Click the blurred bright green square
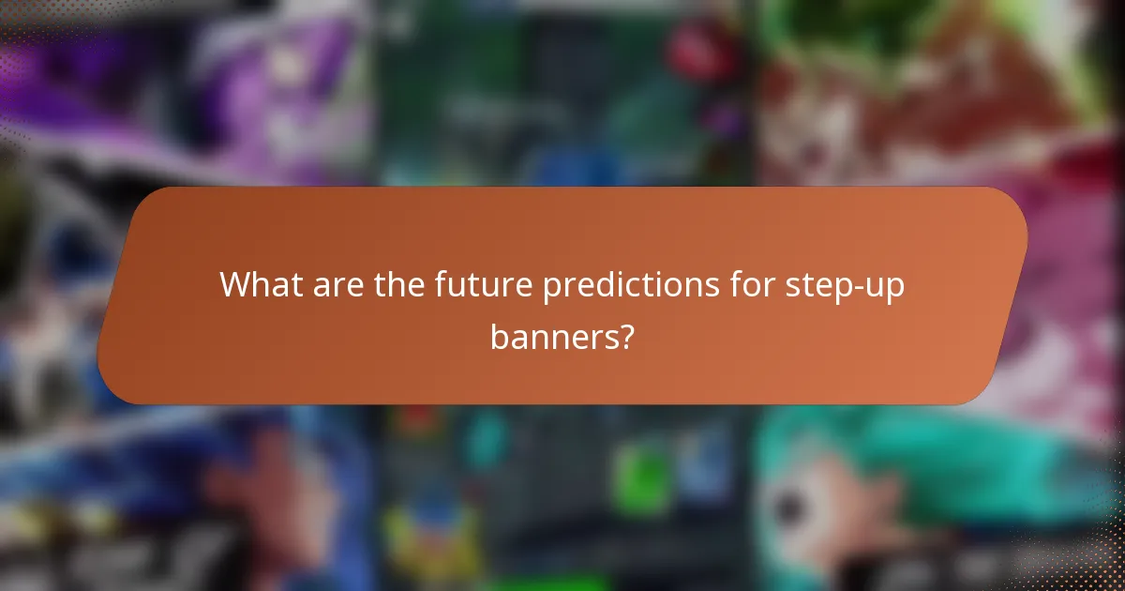639,479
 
